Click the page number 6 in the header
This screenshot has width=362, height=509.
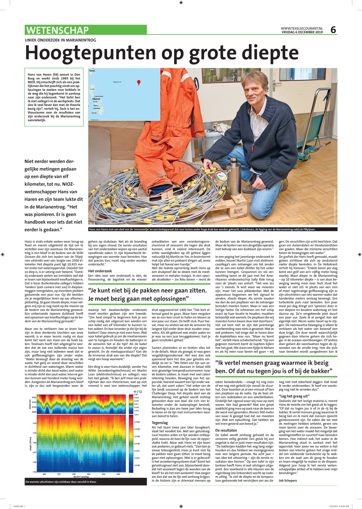coord(333,30)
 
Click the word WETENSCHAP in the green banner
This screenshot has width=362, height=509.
coord(57,30)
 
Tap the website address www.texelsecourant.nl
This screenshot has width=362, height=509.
coord(302,29)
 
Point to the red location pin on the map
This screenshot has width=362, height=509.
coord(139,82)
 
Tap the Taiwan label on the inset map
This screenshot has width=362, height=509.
coord(92,71)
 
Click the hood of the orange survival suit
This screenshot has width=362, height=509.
coord(174,76)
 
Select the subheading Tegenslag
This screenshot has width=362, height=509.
coord(160,423)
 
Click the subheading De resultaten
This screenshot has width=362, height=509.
coord(226,430)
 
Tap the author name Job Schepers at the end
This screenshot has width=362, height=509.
coord(288,480)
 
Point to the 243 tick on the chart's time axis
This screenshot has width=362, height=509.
coord(89,474)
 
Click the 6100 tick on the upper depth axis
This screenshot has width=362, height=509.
coord(34,402)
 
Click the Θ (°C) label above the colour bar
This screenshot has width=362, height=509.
coord(138,391)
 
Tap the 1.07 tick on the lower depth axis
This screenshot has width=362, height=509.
coord(34,453)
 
